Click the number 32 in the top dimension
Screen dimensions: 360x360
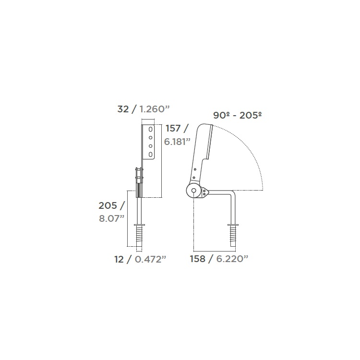click(x=123, y=109)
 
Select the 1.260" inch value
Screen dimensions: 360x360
click(x=154, y=109)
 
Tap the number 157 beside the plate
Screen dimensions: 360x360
click(x=173, y=128)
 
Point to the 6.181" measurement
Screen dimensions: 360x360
click(x=177, y=142)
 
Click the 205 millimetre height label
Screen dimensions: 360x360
click(x=108, y=205)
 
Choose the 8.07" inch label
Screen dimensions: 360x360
click(x=111, y=218)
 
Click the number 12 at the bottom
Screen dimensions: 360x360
click(x=119, y=259)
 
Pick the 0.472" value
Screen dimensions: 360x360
click(x=150, y=259)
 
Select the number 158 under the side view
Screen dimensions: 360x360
click(x=198, y=259)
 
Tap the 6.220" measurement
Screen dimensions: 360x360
click(x=232, y=259)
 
